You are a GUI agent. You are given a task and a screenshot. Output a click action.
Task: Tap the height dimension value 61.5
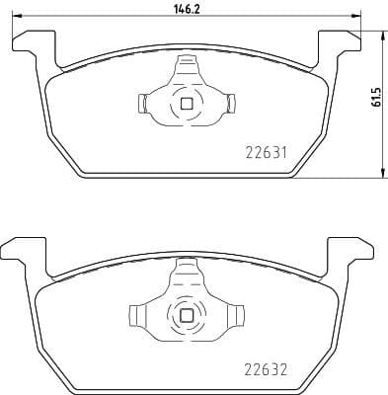point(375,104)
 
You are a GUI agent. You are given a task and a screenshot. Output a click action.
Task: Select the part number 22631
point(265,153)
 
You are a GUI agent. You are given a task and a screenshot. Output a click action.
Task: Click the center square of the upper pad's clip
point(186,102)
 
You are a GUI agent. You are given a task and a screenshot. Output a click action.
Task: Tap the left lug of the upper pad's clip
point(140,102)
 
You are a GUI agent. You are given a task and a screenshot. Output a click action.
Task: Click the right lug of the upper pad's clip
point(230,102)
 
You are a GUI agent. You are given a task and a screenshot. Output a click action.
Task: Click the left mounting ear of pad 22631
point(31,41)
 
